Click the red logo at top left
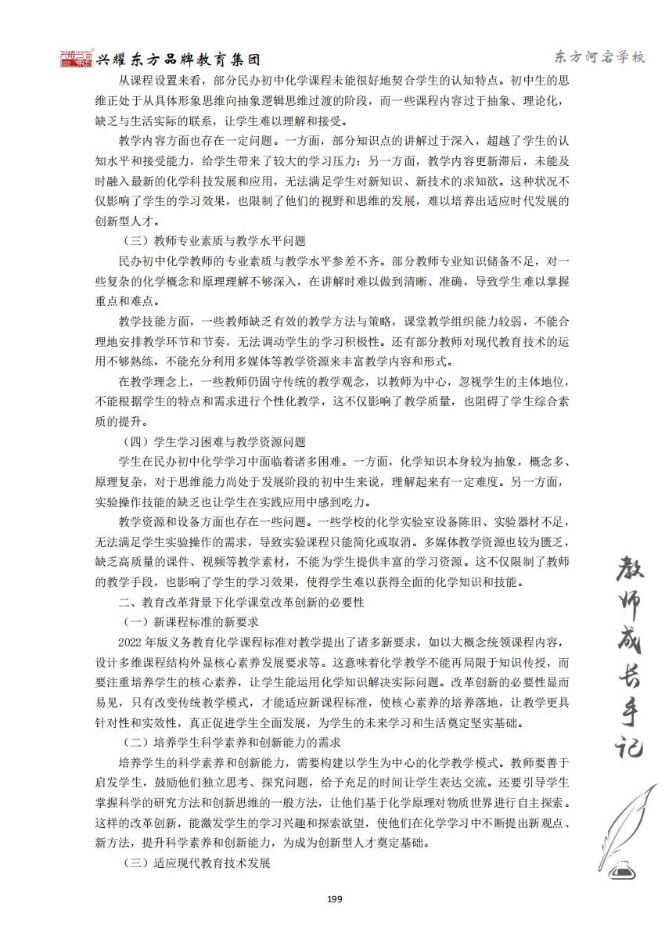(x=76, y=59)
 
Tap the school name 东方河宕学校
(x=598, y=57)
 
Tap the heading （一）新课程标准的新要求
(x=191, y=622)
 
